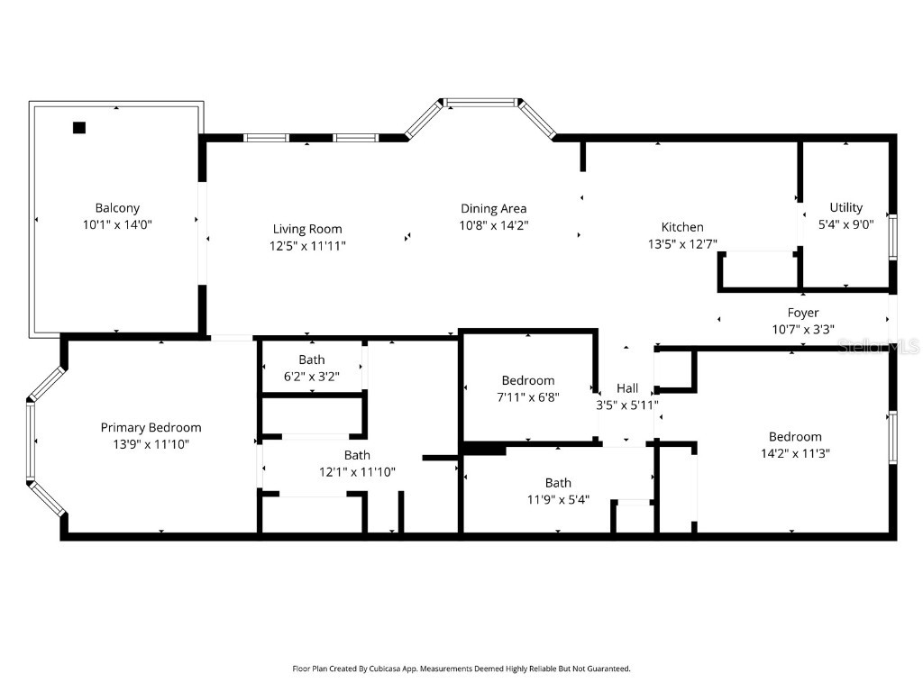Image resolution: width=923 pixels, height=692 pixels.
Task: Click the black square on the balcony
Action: [x=79, y=128]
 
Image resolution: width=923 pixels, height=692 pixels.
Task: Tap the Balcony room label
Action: [x=117, y=208]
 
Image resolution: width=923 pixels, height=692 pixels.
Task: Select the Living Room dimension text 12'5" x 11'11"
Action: [x=307, y=245]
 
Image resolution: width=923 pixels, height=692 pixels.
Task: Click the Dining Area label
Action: [x=493, y=209]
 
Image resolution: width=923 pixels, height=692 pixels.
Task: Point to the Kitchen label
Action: [x=682, y=227]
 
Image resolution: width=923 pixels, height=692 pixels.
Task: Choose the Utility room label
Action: [x=845, y=207]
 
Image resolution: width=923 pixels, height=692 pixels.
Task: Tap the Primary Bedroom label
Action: [x=151, y=427]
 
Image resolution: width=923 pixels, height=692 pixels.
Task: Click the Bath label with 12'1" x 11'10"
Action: [x=357, y=455]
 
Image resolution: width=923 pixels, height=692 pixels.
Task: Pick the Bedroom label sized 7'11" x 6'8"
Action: [x=528, y=380]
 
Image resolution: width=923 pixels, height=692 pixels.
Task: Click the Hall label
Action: [x=627, y=388]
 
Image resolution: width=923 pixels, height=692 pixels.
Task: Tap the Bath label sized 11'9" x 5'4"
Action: [x=558, y=483]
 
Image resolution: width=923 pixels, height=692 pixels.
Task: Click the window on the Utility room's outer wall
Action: [x=892, y=237]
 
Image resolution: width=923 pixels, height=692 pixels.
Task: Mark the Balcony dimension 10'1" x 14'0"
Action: [x=117, y=224]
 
